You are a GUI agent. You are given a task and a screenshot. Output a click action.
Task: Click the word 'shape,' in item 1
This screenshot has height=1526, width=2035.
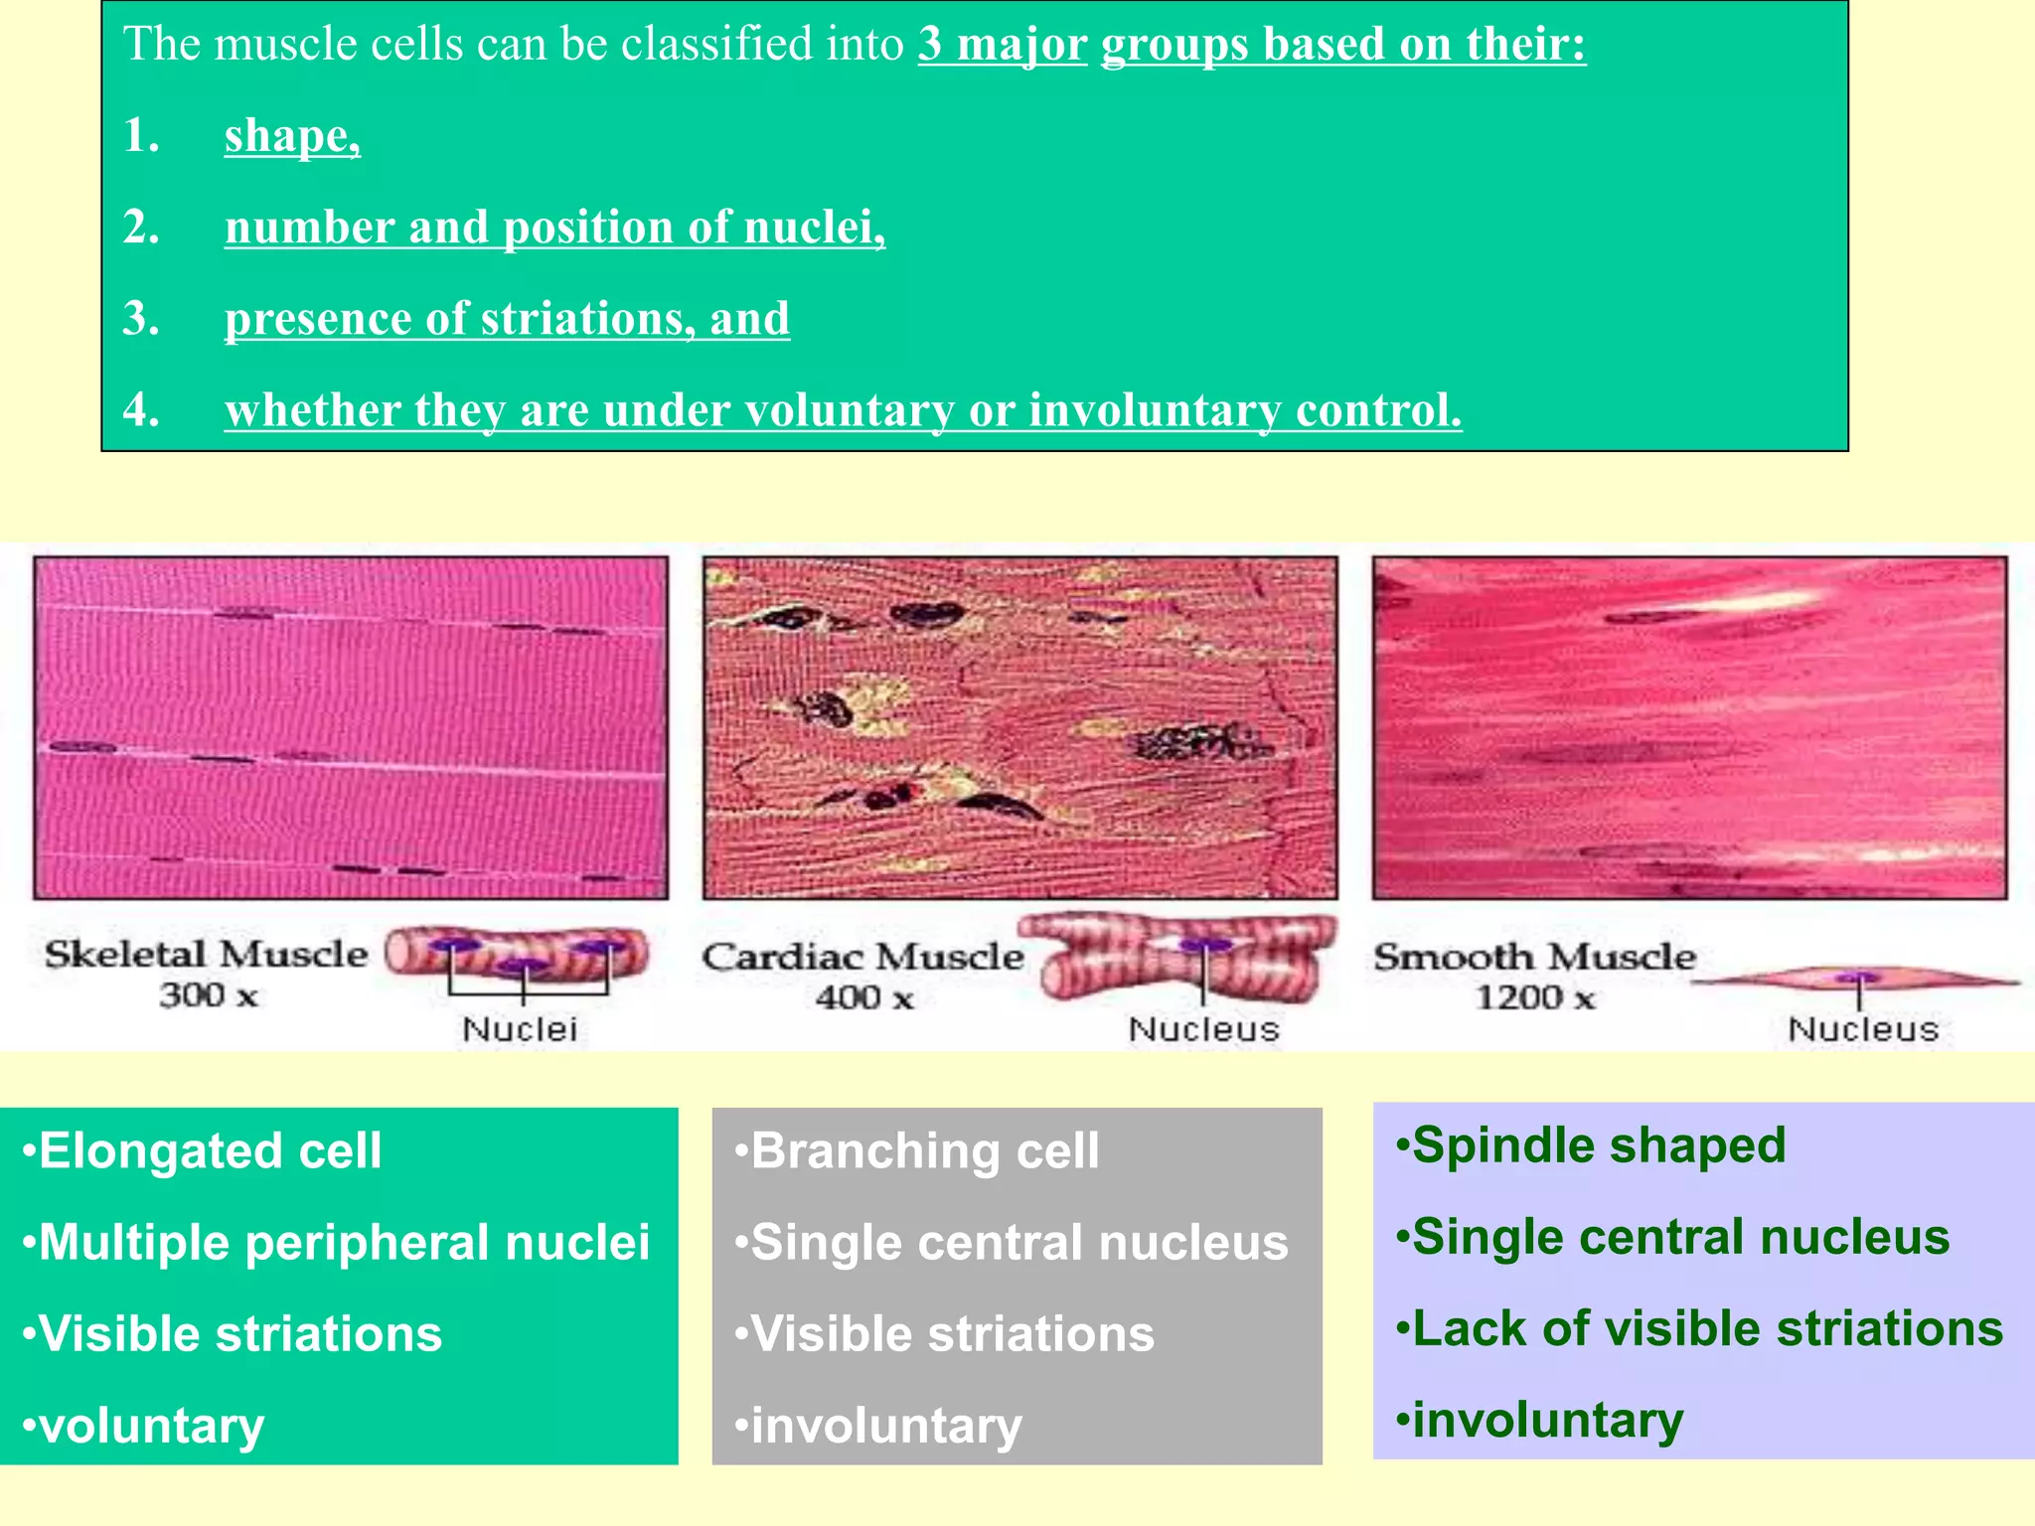(x=291, y=136)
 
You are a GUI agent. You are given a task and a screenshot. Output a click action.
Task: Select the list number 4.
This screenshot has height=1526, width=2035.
(x=141, y=409)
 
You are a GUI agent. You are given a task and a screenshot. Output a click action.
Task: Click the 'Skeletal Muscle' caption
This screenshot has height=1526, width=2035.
(x=206, y=954)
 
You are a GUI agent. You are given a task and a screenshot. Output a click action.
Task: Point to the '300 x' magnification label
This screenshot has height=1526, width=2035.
(x=209, y=994)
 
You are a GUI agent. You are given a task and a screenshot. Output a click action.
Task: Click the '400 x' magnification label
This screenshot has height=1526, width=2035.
(x=863, y=996)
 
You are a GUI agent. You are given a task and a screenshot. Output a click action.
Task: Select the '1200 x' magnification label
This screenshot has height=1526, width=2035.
(x=1534, y=996)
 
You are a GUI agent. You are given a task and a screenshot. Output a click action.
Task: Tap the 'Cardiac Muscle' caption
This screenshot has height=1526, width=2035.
(x=862, y=956)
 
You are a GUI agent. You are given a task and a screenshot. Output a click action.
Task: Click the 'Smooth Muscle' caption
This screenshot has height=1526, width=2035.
(x=1534, y=956)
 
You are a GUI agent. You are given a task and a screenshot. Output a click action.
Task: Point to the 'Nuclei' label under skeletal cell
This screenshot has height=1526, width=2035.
(x=519, y=1029)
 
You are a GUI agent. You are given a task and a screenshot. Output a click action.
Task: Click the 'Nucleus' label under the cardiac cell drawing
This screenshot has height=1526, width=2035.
(x=1203, y=1029)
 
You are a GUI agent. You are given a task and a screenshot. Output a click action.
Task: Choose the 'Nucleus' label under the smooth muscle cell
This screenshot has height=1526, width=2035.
(x=1863, y=1029)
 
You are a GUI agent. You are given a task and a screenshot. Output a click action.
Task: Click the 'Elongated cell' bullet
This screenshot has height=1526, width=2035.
(x=209, y=1150)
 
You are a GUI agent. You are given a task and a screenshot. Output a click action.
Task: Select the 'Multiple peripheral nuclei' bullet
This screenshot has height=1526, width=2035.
(x=343, y=1242)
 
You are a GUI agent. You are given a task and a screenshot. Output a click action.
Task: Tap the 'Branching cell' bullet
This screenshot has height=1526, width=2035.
(x=924, y=1150)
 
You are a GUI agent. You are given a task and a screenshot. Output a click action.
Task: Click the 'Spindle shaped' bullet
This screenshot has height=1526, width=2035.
(x=1598, y=1144)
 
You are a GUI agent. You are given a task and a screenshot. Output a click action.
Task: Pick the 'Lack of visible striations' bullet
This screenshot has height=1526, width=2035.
(x=1706, y=1328)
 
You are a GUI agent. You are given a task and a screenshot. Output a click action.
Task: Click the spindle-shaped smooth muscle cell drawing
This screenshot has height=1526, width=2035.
(x=1856, y=980)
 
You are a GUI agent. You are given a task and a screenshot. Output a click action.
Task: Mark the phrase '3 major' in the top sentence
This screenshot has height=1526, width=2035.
(x=1002, y=45)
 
